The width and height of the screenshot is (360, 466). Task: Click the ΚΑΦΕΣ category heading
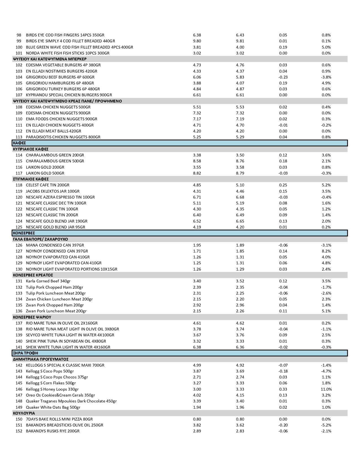pos(19,143)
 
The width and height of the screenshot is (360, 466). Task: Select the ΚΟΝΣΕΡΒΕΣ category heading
pos(24,233)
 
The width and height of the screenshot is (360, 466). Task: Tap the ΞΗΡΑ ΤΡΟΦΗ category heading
pos(25,353)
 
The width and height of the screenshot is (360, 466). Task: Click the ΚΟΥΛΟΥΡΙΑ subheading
pos(24,413)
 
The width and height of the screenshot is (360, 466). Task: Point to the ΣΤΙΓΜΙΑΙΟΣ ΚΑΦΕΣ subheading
pos(31,179)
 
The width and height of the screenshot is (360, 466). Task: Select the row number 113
pos(19,137)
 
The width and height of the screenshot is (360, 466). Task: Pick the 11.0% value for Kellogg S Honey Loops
pos(326,389)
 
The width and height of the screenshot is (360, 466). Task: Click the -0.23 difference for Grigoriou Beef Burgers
pos(283,77)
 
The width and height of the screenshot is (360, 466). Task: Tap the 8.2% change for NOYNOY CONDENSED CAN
pos(326,251)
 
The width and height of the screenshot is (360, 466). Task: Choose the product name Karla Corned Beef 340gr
pos(48,281)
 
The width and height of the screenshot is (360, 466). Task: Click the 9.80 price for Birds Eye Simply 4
pos(197,41)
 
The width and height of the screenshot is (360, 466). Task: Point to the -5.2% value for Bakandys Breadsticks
pos(326,425)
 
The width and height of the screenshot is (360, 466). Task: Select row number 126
pos(19,245)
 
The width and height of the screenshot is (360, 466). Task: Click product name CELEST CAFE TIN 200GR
pos(47,185)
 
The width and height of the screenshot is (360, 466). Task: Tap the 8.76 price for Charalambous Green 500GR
pos(240,161)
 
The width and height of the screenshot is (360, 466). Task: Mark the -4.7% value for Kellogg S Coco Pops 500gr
pos(326,371)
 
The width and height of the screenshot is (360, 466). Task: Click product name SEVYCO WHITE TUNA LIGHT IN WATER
pos(70,335)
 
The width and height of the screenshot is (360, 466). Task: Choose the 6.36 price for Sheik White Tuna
pos(240,347)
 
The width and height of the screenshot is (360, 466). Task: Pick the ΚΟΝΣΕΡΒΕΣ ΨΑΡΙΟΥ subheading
pos(32,317)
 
